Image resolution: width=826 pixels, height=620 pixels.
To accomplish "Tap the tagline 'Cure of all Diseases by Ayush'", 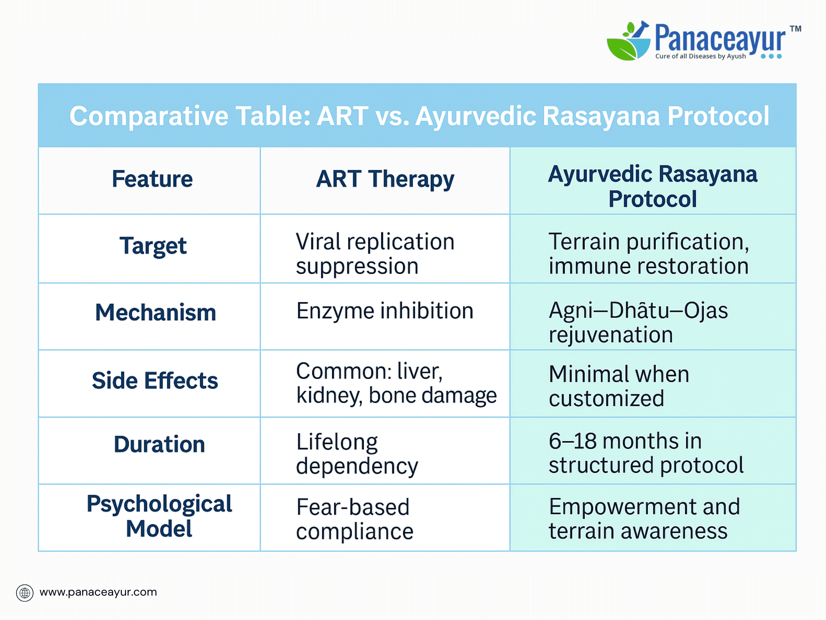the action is point(700,56).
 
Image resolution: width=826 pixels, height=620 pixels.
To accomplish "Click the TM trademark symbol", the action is point(795,29).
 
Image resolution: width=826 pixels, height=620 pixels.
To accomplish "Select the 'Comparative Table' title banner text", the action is point(419,116).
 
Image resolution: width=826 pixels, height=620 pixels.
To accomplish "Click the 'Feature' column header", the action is point(152,179).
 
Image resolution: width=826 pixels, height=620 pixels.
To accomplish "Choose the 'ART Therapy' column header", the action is point(385,180).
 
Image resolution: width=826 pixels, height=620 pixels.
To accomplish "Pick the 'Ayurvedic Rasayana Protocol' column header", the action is point(653,186).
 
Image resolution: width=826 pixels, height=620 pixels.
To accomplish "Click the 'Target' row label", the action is point(153,246).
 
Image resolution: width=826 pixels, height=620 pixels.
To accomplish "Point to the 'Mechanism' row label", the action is point(156,312).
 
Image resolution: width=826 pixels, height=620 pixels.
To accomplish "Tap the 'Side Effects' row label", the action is point(155,380).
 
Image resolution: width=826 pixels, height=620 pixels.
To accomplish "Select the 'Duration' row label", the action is point(159,444).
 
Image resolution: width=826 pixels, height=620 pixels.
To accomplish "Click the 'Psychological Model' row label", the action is point(159,516).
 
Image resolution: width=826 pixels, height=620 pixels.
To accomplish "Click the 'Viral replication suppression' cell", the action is point(375,253).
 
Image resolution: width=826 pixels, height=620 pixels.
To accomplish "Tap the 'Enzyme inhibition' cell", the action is point(385,312).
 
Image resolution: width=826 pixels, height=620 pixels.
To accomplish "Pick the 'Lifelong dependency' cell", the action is point(357,454).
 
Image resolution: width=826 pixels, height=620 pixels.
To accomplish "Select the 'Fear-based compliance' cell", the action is point(355,519).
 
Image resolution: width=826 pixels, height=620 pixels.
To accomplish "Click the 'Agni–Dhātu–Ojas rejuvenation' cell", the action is point(638,322).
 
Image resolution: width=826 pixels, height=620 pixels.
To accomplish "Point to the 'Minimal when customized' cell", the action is point(619,386).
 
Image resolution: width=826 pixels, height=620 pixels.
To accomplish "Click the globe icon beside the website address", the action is point(25,593).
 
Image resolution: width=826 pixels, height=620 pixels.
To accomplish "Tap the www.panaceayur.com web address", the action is point(98,593).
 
